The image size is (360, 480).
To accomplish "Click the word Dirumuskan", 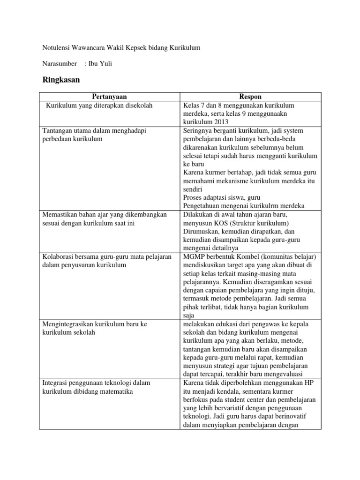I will click(x=201, y=231).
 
